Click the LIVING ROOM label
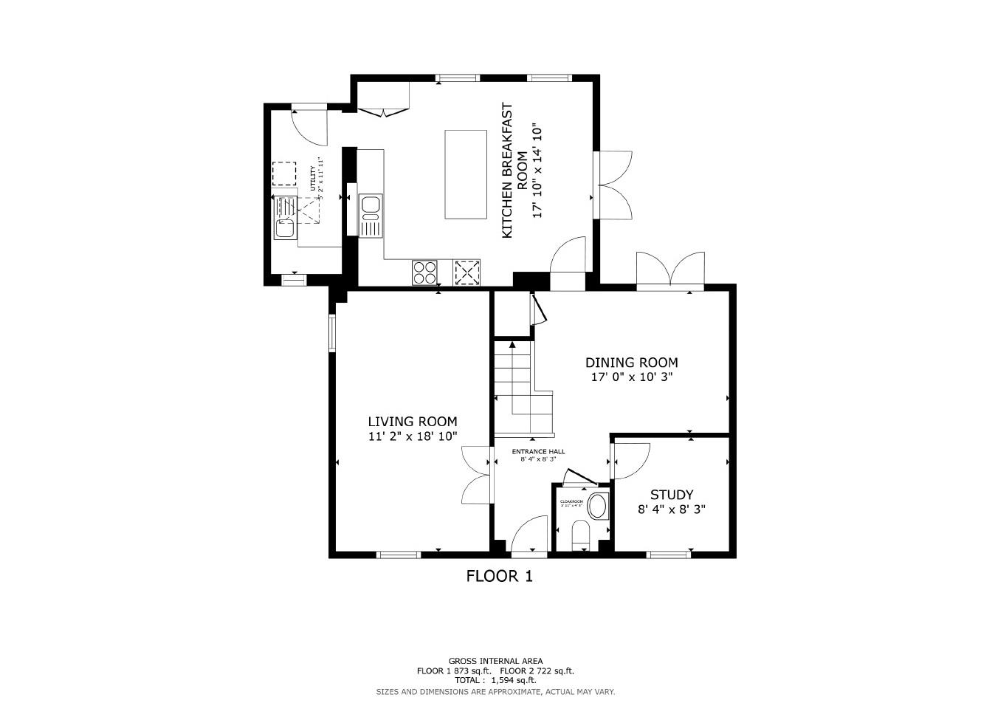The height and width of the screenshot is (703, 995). [x=413, y=422]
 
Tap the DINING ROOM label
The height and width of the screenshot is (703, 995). [x=631, y=363]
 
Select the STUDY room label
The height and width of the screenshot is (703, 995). [x=671, y=495]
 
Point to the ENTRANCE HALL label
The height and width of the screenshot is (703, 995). [x=538, y=451]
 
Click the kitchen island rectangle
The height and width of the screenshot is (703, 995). [x=465, y=174]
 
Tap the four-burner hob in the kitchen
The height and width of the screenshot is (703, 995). [x=424, y=272]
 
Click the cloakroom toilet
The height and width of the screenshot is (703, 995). [x=582, y=534]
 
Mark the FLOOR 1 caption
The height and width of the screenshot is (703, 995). [x=499, y=576]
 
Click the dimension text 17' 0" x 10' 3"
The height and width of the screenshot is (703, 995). [x=631, y=377]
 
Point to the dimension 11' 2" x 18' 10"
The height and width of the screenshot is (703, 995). [x=413, y=436]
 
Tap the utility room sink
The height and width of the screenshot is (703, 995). [x=284, y=228]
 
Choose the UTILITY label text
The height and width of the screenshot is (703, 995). [x=313, y=179]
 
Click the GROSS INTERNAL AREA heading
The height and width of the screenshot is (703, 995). [x=495, y=661]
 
